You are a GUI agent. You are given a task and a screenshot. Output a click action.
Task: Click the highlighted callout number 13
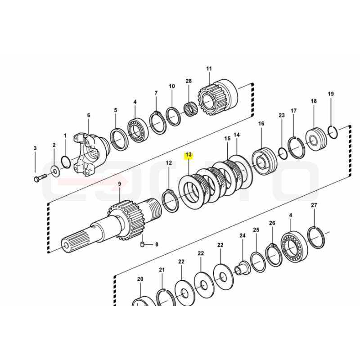tap(189, 155)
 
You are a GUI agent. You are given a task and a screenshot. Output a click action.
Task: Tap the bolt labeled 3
tap(40, 178)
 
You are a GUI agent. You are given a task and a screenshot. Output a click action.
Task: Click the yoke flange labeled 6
tap(90, 154)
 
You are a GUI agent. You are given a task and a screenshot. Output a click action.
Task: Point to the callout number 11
tap(209, 68)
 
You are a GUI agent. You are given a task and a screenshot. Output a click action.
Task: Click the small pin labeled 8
tap(142, 244)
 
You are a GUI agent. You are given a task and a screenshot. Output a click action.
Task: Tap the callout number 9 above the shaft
tap(119, 184)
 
